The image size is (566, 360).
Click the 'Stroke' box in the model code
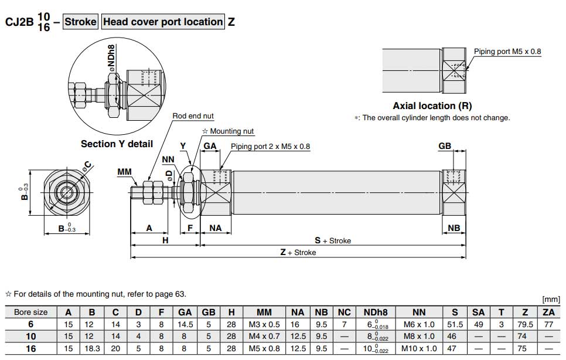tap(80, 22)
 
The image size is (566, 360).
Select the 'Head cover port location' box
tap(163, 22)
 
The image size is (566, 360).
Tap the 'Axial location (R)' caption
tap(432, 106)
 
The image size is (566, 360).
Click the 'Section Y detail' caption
tap(117, 144)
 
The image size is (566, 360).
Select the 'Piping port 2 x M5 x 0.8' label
tap(270, 147)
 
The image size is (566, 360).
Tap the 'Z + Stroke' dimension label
tap(298, 253)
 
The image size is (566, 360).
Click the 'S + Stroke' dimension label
tap(333, 240)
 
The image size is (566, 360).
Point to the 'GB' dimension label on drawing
tap(445, 146)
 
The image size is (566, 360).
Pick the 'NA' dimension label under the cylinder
tap(216, 227)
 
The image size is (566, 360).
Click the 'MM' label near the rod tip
tap(125, 171)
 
